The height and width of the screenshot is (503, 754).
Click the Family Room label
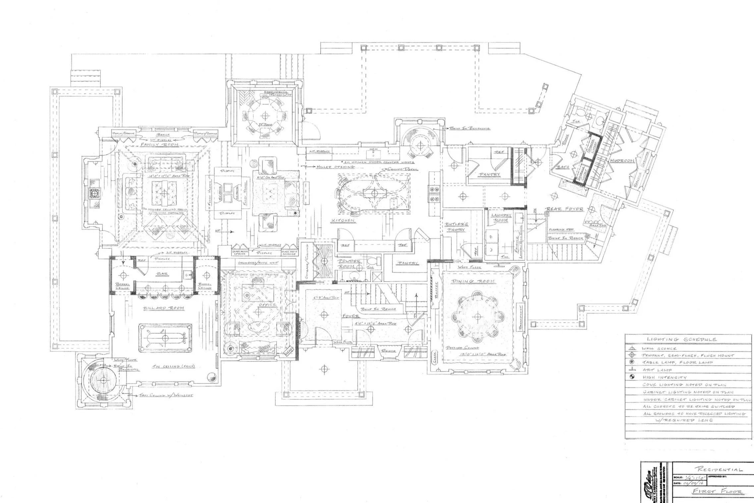160,145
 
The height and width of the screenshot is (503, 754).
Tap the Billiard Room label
163,308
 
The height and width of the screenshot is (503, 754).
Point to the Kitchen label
343,220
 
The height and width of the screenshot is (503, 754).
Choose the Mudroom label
622,161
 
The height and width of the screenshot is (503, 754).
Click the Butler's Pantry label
456,227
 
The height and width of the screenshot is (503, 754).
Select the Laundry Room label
501,218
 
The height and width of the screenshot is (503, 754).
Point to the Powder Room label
349,264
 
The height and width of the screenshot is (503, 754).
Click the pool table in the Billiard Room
165,337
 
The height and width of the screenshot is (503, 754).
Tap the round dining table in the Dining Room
477,317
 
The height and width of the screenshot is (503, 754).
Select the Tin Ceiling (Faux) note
173,366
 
